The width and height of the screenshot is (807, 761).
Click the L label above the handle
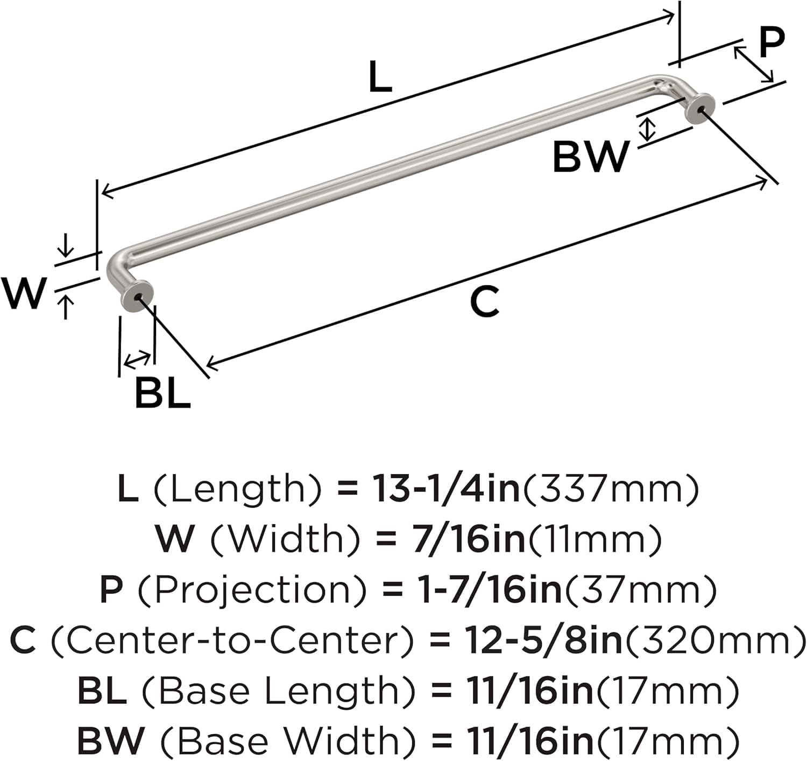tap(380, 77)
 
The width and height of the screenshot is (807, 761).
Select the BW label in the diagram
tap(591, 156)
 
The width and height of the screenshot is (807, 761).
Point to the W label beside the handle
tap(23, 293)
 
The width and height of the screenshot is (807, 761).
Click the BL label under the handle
tap(162, 393)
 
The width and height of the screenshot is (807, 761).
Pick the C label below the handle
tap(484, 302)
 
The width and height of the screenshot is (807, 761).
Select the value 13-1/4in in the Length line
tap(446, 489)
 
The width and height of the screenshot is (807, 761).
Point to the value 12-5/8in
tap(542, 640)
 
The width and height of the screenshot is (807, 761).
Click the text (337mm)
tap(611, 489)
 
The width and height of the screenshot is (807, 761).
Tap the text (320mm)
tap(713, 640)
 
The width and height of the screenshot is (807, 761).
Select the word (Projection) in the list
tap(252, 590)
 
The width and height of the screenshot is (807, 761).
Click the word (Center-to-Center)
tap(233, 640)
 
